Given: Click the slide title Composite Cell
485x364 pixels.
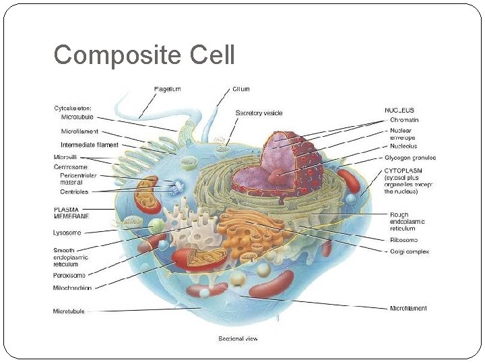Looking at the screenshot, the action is [144, 55].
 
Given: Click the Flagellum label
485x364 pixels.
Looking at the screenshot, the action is [167, 89].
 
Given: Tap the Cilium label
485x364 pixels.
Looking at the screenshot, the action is [240, 89].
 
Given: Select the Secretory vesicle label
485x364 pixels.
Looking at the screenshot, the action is [259, 113].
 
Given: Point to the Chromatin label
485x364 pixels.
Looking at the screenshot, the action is [403, 120].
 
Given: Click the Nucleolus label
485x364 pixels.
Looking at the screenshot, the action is [403, 146].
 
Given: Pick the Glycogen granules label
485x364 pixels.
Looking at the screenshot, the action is [410, 158].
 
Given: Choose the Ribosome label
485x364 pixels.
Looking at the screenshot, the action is [403, 240].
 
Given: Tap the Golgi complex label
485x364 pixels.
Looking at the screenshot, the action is [409, 251].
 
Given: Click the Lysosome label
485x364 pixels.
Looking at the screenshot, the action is [67, 233].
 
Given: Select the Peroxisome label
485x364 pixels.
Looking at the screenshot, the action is [69, 274].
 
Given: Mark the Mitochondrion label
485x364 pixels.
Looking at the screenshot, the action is [72, 288].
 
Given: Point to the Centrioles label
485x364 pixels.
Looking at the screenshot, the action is [75, 191].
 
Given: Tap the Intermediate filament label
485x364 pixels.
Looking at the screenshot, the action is [89, 145].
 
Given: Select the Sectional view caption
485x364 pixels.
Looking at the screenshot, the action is [238, 338].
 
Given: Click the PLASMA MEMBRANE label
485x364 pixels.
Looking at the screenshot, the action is [71, 213].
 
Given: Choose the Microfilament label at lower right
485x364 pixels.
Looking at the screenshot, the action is [408, 309].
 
